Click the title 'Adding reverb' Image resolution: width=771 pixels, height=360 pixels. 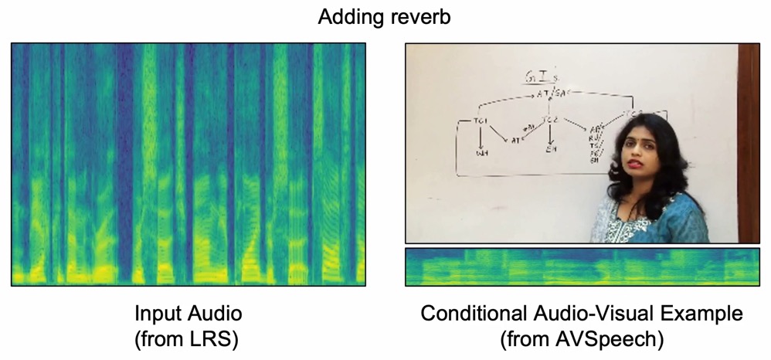tap(385, 17)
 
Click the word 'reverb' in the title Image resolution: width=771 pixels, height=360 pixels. tap(422, 18)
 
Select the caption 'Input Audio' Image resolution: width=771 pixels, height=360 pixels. tap(189, 314)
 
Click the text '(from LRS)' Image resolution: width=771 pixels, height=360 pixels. tap(189, 338)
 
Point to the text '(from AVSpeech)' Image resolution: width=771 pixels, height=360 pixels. tap(582, 338)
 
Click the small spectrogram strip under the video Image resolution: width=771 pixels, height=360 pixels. tap(582, 267)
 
